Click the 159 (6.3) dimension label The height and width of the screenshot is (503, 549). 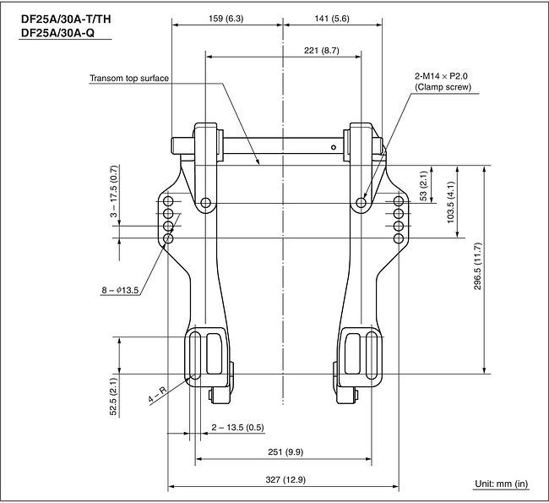click(x=226, y=19)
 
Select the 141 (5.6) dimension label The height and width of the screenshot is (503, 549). click(x=332, y=19)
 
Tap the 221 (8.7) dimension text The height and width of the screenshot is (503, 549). click(x=322, y=51)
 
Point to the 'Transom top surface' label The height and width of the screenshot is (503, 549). click(x=129, y=78)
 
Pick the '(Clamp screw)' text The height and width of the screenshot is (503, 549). click(x=443, y=87)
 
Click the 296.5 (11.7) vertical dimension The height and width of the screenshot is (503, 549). click(x=478, y=266)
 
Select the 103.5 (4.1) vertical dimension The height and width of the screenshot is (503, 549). click(x=451, y=202)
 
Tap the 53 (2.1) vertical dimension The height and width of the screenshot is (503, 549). click(x=424, y=186)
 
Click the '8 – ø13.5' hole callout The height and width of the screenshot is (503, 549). click(x=120, y=290)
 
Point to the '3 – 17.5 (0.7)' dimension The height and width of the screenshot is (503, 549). click(x=115, y=191)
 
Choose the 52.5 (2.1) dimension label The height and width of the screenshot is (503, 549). click(x=113, y=396)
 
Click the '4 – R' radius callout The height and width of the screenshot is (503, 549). click(x=157, y=395)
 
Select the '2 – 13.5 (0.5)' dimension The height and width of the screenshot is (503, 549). click(x=237, y=427)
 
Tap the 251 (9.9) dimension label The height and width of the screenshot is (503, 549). click(x=285, y=451)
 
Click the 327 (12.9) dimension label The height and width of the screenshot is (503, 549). click(x=285, y=479)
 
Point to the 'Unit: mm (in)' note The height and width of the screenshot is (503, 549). click(x=501, y=484)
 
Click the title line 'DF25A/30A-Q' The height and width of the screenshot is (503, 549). click(x=57, y=33)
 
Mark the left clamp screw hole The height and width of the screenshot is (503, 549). click(x=206, y=203)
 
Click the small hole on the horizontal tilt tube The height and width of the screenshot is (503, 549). click(x=334, y=147)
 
